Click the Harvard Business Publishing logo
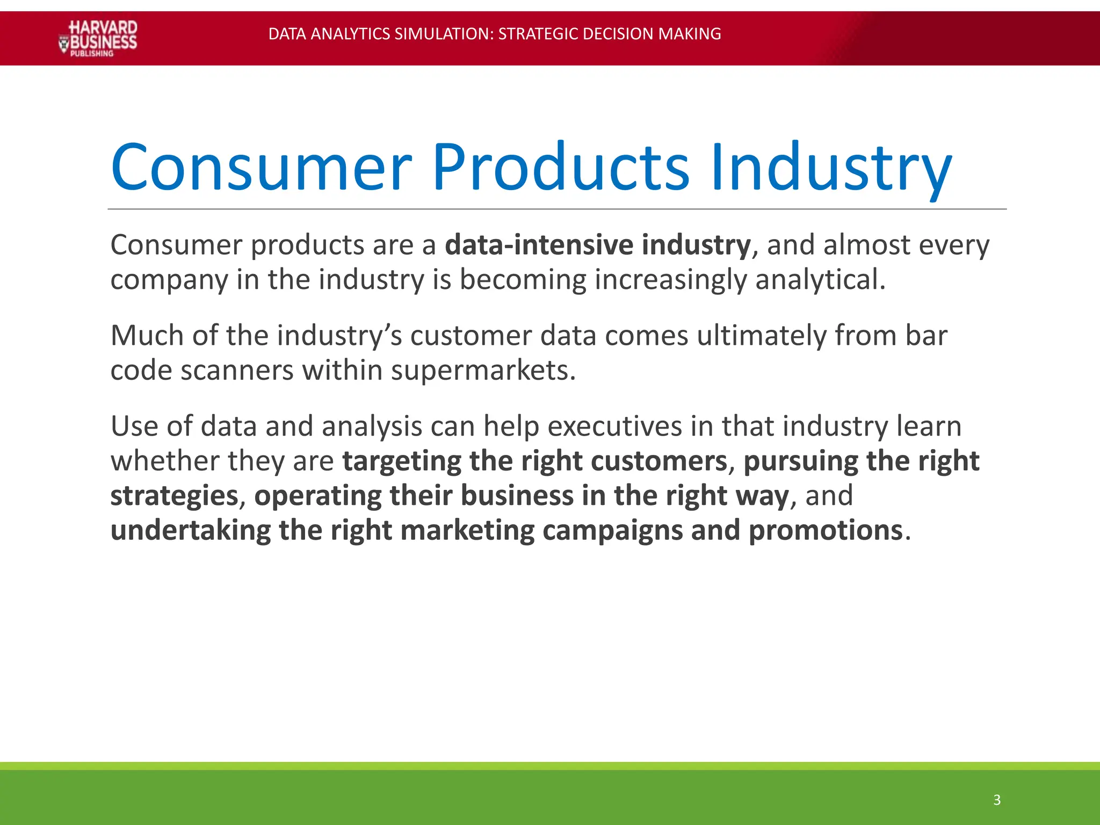pos(98,38)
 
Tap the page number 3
pos(997,800)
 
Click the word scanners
pos(237,370)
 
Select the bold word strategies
pos(174,496)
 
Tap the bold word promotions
pos(825,530)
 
